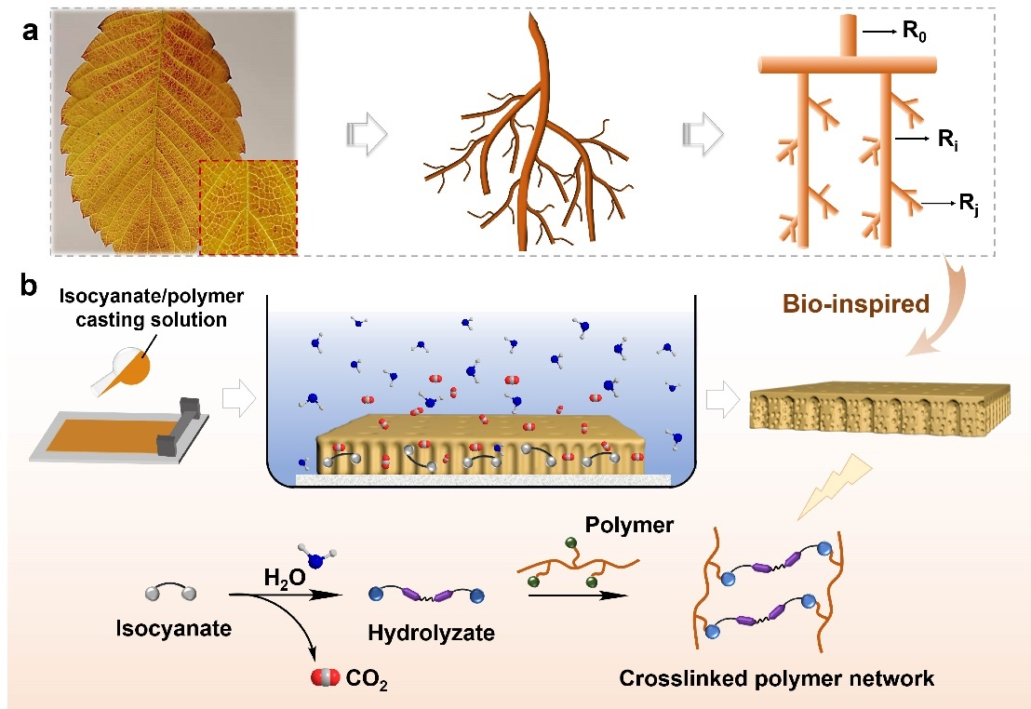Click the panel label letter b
coord(31,286)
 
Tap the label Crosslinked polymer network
coord(777,678)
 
